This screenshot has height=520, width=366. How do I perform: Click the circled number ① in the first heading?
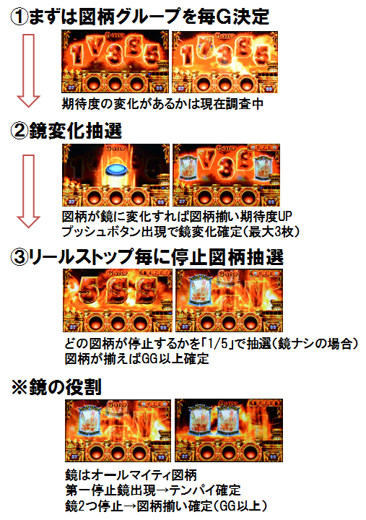click(19, 17)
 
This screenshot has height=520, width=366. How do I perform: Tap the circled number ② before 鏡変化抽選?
click(19, 131)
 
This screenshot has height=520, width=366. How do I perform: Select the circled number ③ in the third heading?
click(19, 258)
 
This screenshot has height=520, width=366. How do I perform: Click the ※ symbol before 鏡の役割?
click(19, 387)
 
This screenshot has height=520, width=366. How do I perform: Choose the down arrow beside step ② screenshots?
click(28, 191)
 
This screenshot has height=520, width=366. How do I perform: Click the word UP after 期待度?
click(284, 217)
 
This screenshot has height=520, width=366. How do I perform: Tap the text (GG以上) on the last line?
click(241, 506)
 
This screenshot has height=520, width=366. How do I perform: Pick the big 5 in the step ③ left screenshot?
click(87, 290)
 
